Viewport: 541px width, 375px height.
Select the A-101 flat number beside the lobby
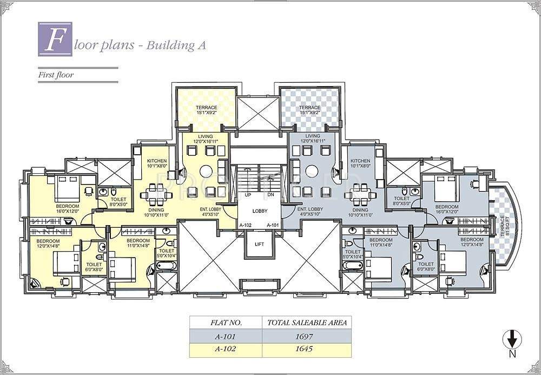tap(272, 225)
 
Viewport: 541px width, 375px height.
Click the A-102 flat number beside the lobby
tap(245, 225)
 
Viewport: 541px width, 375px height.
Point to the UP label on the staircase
tap(248, 195)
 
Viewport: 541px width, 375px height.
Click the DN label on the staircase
tap(270, 195)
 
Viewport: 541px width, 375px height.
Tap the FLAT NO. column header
tap(226, 323)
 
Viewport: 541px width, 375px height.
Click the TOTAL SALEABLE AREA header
tap(307, 323)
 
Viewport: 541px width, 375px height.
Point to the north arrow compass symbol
tap(512, 341)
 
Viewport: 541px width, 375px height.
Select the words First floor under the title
tap(55, 75)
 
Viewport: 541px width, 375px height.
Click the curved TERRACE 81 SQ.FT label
tap(504, 225)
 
